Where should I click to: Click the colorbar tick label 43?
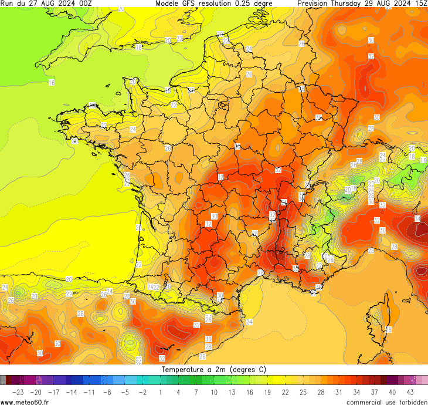410,392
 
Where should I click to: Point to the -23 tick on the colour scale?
18,392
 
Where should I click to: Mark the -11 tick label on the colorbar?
89,392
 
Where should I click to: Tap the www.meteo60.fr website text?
25,401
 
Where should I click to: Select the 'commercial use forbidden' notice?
386,401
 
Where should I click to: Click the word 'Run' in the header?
7,4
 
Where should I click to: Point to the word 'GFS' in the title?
192,4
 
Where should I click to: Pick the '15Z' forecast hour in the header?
420,4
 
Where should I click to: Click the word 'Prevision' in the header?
315,4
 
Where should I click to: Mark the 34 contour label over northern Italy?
417,218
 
